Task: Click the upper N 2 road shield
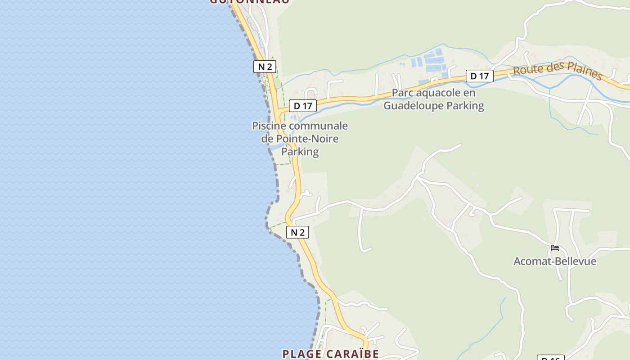pyautogui.click(x=265, y=67)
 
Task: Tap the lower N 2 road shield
pyautogui.click(x=297, y=232)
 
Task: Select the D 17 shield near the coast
pyautogui.click(x=303, y=106)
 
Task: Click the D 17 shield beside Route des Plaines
pyautogui.click(x=479, y=76)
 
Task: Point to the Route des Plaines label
pyautogui.click(x=558, y=71)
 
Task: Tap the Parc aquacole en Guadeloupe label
pyautogui.click(x=434, y=99)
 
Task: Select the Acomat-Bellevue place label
pyautogui.click(x=555, y=261)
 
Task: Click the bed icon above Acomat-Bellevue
pyautogui.click(x=555, y=248)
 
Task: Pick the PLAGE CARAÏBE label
pyautogui.click(x=330, y=354)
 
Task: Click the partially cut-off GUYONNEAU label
pyautogui.click(x=250, y=2)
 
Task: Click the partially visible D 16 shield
pyautogui.click(x=550, y=358)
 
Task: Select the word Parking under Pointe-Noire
pyautogui.click(x=300, y=152)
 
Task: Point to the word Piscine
pyautogui.click(x=269, y=126)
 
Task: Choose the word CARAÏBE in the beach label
pyautogui.click(x=353, y=354)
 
